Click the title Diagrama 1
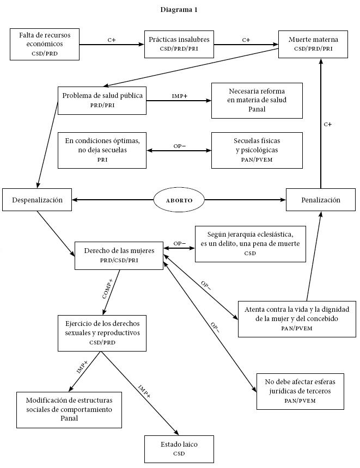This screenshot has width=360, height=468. [179, 9]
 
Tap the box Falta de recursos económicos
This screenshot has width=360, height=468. [44, 44]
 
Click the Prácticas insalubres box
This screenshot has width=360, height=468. [179, 44]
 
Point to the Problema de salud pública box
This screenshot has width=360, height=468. [102, 100]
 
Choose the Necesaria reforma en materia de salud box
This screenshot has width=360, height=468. [257, 100]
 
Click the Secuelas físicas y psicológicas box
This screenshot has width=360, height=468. [257, 149]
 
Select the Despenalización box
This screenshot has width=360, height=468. [36, 200]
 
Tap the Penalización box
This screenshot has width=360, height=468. [321, 200]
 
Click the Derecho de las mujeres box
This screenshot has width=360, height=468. [119, 255]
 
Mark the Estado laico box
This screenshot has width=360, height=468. [179, 448]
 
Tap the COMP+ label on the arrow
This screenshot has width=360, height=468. [107, 288]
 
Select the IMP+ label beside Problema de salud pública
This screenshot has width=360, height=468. [179, 96]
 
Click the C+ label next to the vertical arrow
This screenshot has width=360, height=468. [327, 124]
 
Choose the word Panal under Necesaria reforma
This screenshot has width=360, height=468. [257, 109]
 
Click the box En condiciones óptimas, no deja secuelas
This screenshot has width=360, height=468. [102, 149]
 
